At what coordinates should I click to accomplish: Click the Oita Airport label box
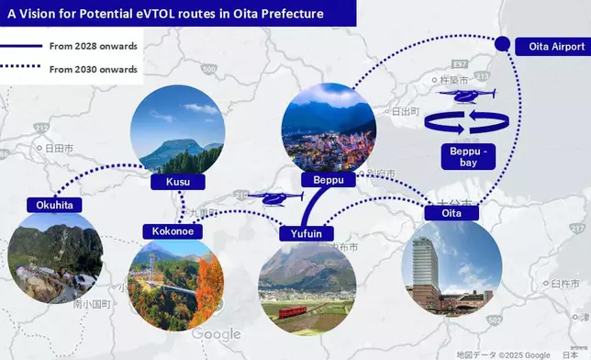(x=549, y=46)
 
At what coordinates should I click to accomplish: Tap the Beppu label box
(x=328, y=180)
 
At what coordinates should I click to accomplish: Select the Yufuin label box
(x=307, y=233)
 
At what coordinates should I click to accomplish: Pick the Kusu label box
(x=178, y=182)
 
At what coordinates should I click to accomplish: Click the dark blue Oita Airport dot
(x=501, y=44)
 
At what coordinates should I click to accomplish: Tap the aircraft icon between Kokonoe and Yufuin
(x=271, y=197)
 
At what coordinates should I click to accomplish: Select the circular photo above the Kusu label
(x=178, y=130)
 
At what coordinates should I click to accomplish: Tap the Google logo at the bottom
(x=217, y=334)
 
